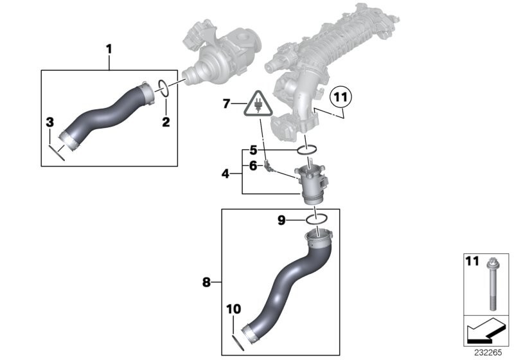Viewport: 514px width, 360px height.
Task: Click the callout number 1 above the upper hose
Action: point(109,48)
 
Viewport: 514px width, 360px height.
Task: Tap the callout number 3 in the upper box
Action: point(49,122)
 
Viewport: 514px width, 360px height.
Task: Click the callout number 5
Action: point(253,150)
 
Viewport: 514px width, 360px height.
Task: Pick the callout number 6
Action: point(253,166)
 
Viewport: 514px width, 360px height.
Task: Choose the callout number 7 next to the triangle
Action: point(225,103)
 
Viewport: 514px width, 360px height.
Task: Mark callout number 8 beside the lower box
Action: point(206,281)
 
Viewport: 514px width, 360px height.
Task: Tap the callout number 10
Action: point(233,310)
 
